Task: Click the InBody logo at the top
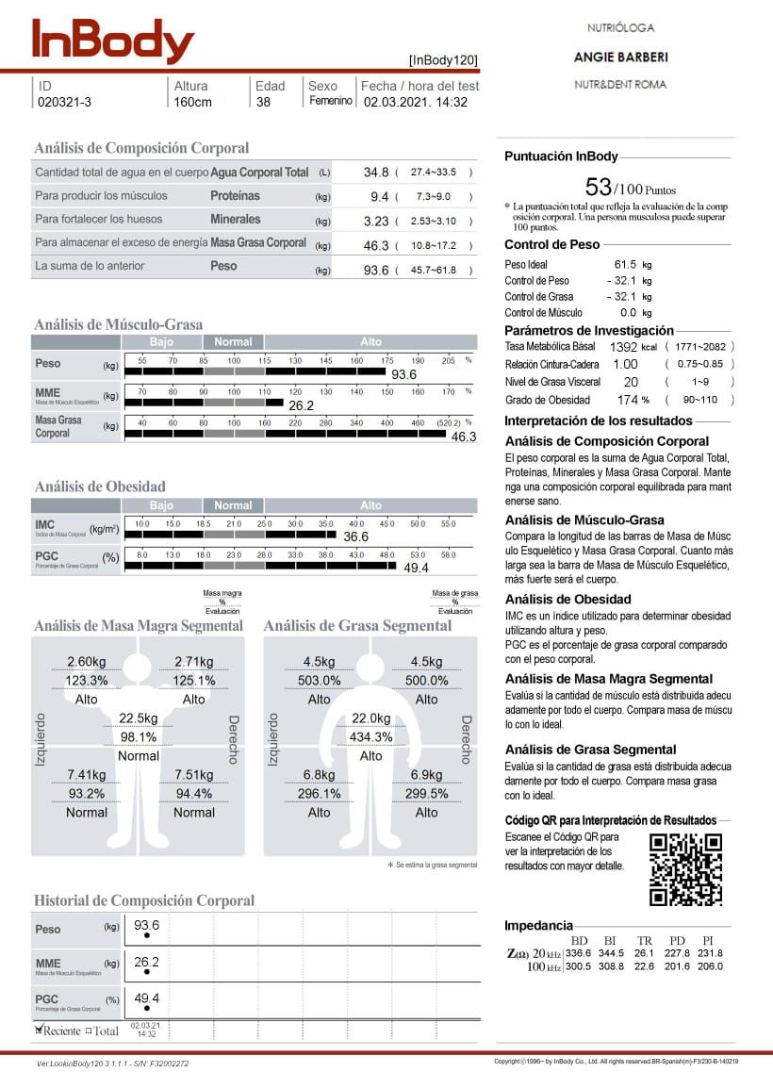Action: pos(113,41)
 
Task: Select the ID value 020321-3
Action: pos(65,102)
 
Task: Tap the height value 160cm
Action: pos(193,102)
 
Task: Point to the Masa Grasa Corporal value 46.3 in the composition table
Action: pos(376,245)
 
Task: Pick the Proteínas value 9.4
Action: pos(379,196)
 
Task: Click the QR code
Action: pos(686,869)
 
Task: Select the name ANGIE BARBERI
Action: pos(619,58)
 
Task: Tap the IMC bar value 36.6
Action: pos(355,536)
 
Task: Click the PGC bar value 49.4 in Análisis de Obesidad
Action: pos(416,568)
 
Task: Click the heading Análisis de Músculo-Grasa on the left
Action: pos(118,324)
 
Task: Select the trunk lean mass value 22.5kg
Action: pos(138,718)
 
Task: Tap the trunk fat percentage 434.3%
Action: pos(371,737)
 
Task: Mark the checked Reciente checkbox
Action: pos(40,1030)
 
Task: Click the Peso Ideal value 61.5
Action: pos(624,265)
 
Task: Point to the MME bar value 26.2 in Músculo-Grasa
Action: pos(301,405)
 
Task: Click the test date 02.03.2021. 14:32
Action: pos(416,102)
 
